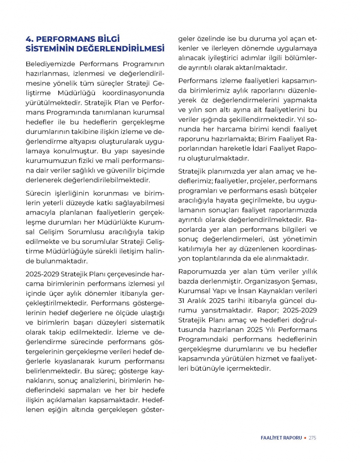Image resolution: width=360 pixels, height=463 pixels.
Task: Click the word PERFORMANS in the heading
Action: (x=66, y=39)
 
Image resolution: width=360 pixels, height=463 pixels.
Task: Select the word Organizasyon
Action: (x=268, y=281)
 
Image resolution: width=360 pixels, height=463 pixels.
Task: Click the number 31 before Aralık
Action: (x=182, y=300)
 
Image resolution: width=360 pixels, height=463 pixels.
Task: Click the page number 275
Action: (x=312, y=438)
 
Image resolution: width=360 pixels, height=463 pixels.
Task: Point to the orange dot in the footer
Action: (x=305, y=438)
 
